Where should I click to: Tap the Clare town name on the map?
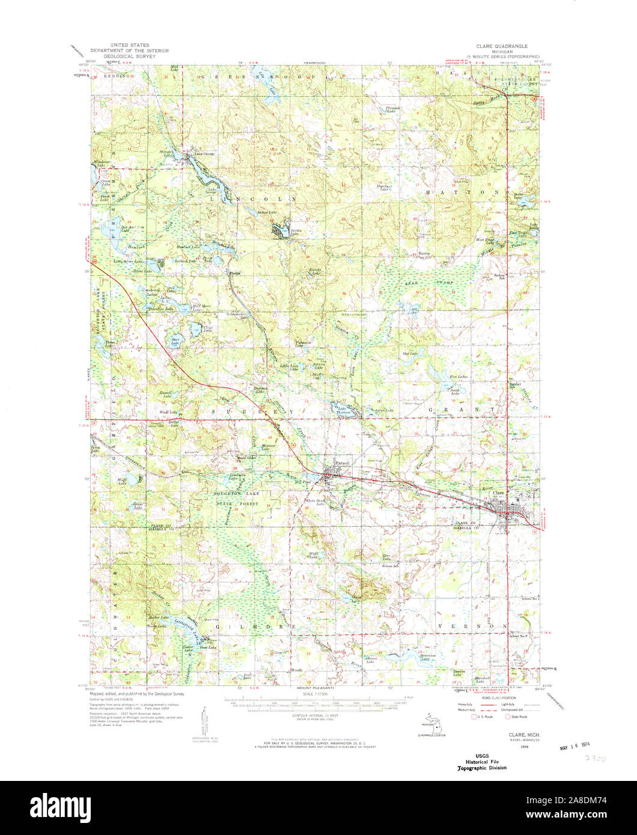498,493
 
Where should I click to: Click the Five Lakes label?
459,377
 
